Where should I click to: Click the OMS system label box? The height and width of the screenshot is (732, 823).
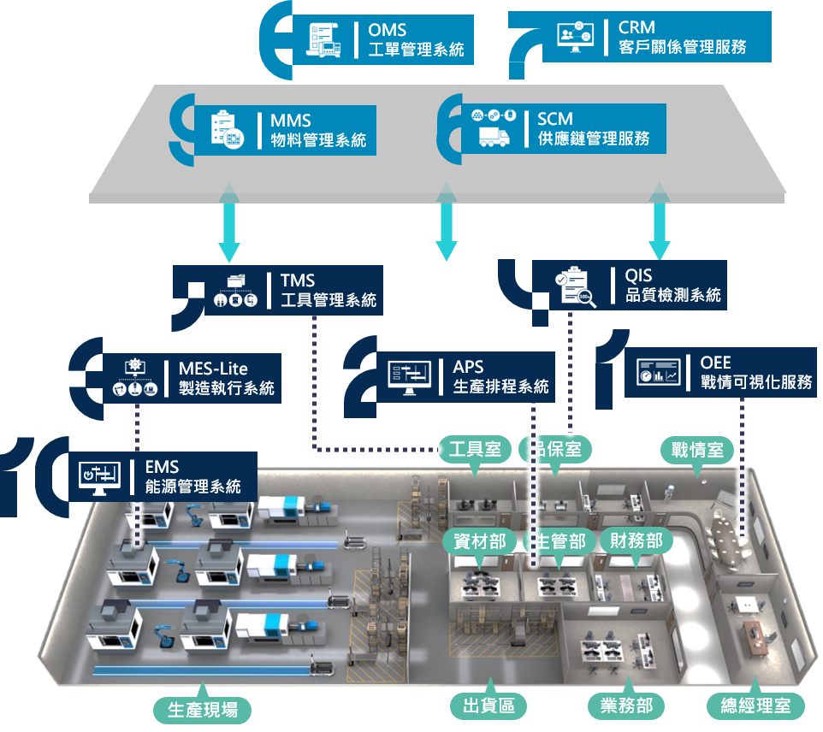click(x=386, y=40)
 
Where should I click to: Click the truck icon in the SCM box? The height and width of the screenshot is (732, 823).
click(x=494, y=136)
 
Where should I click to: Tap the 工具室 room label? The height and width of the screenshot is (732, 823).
click(x=475, y=448)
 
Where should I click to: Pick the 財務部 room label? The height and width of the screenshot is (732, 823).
click(x=636, y=540)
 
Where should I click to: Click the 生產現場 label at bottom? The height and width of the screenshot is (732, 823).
click(x=203, y=709)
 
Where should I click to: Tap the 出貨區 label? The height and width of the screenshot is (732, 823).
click(x=488, y=705)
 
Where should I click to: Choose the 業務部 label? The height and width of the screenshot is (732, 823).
click(x=626, y=705)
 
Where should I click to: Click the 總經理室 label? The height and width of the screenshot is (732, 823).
click(x=756, y=705)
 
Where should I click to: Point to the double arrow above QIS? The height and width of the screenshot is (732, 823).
click(x=658, y=225)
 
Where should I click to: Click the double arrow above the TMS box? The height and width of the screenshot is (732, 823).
click(x=228, y=227)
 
